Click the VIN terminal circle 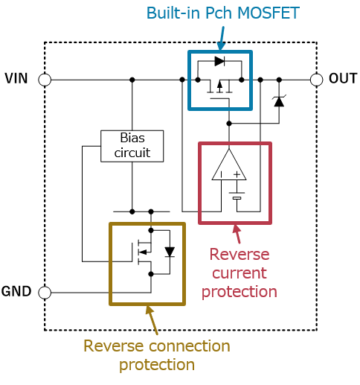click(x=45, y=80)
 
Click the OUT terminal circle click(x=317, y=80)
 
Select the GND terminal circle click(x=45, y=293)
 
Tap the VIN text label click(x=16, y=78)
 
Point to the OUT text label click(x=343, y=78)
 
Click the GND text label click(x=16, y=291)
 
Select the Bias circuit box click(x=132, y=146)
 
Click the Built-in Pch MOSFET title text click(x=223, y=13)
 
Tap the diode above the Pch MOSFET click(x=219, y=61)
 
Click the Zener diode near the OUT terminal click(x=279, y=101)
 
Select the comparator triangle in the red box click(x=229, y=165)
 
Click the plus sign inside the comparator click(x=237, y=175)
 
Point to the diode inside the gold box click(x=170, y=252)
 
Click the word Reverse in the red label click(x=240, y=255)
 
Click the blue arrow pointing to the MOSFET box click(x=222, y=39)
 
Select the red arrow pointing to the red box click(x=237, y=234)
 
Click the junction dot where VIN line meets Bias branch click(x=132, y=80)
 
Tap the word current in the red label click(x=240, y=273)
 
